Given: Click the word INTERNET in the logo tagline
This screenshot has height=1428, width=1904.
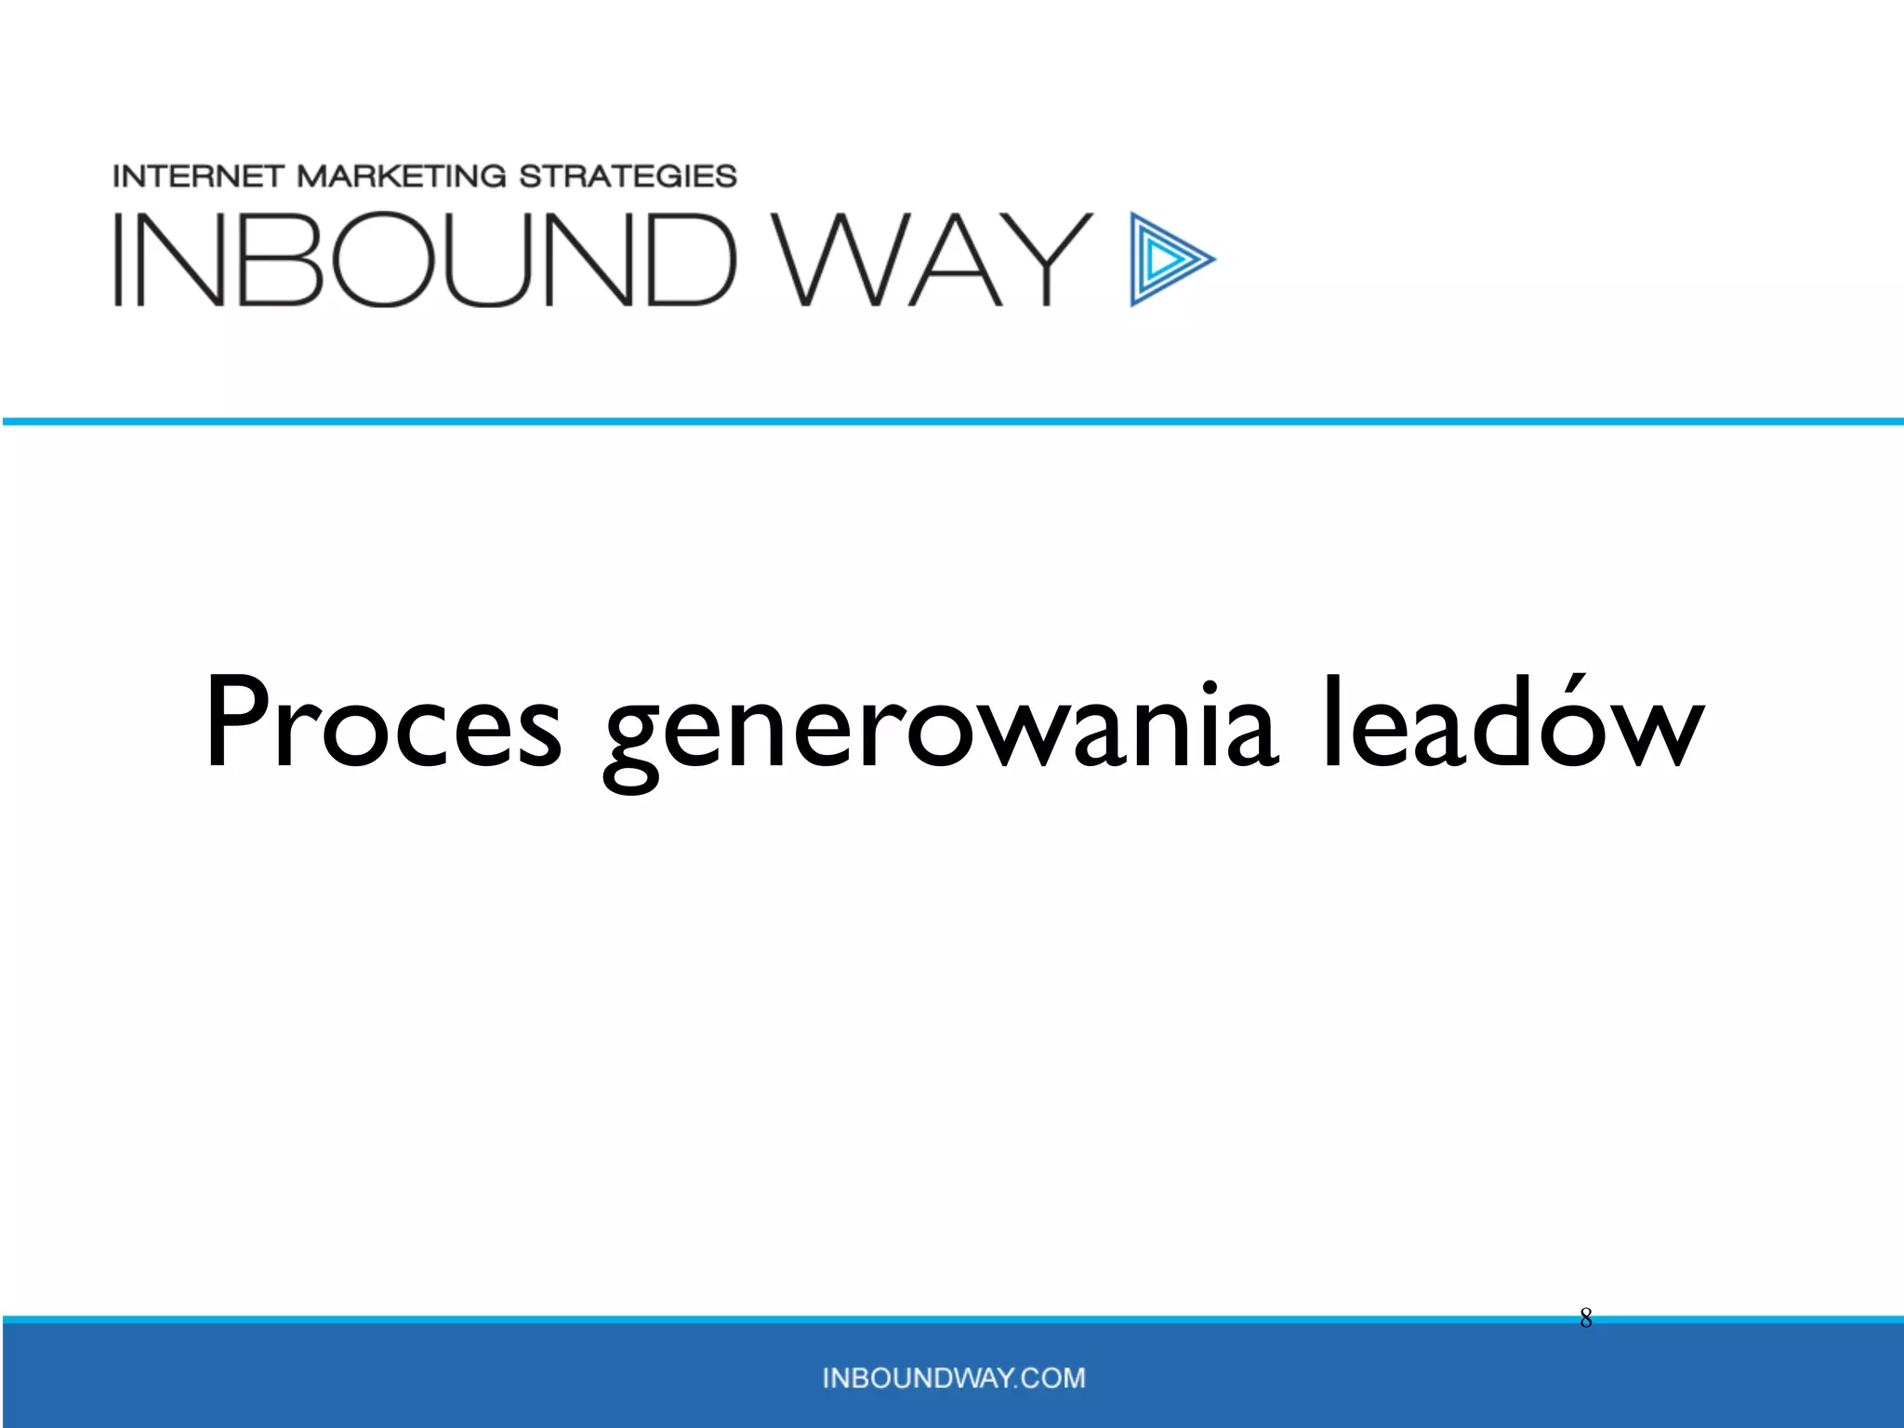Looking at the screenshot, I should pyautogui.click(x=198, y=176).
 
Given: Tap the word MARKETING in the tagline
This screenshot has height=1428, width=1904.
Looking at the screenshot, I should pyautogui.click(x=402, y=176).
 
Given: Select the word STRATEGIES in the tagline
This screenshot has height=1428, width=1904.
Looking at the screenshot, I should pyautogui.click(x=628, y=176).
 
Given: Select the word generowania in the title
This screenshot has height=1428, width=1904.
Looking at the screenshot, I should pyautogui.click(x=940, y=730).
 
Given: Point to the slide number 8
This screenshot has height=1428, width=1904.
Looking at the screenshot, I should pyautogui.click(x=1586, y=1318).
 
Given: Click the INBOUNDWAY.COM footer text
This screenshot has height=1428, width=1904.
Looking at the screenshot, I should pyautogui.click(x=954, y=1378).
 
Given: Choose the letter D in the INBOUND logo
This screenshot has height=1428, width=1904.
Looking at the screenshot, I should pyautogui.click(x=689, y=259).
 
